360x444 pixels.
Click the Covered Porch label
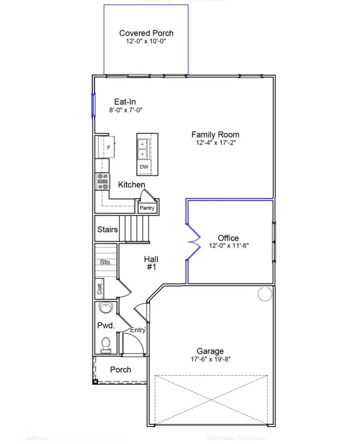point(146,33)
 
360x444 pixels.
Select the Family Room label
point(215,135)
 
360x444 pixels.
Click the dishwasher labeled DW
point(143,167)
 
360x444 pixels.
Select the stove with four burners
point(103,181)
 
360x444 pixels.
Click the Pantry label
point(146,208)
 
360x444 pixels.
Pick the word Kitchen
point(131,185)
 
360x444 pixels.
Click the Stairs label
point(108,229)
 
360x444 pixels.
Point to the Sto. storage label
point(106,262)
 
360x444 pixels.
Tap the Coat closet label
point(99,289)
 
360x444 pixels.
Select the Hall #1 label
point(151,263)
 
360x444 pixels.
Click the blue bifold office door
point(194,242)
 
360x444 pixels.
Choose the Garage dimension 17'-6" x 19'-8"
point(210,360)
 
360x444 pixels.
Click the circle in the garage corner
point(264,294)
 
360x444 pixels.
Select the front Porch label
point(120,369)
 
